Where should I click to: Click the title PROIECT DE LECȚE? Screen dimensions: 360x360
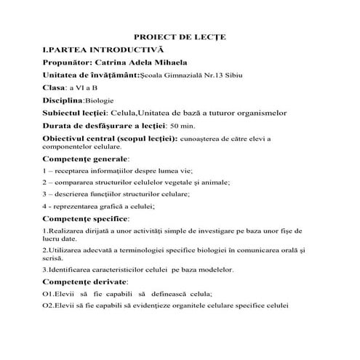coord(180,36)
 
